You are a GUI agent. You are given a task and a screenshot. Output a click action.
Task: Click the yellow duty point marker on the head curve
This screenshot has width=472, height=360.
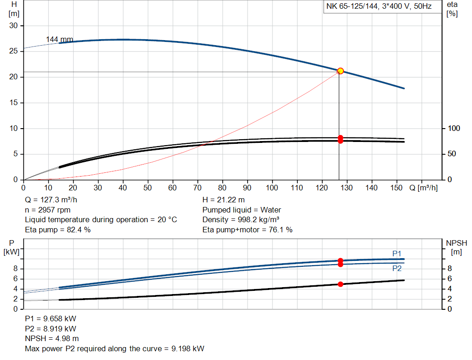tap(341, 71)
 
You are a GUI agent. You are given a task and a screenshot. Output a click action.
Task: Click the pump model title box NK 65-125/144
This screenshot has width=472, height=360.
tap(379, 7)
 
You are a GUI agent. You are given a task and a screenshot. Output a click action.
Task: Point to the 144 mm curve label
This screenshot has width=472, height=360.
tap(59, 40)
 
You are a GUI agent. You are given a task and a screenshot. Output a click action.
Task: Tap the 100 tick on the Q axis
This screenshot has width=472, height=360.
tap(272, 188)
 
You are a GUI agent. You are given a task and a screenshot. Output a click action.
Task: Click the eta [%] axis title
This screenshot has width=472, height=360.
tap(452, 9)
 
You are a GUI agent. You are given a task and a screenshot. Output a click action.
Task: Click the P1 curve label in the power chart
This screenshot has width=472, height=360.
tap(397, 254)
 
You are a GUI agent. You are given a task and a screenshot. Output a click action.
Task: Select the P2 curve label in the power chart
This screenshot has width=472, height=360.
tap(397, 268)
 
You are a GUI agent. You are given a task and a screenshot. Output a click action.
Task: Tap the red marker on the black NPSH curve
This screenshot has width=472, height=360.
tap(341, 284)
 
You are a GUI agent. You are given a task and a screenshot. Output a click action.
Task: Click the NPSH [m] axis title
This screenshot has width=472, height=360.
tap(456, 247)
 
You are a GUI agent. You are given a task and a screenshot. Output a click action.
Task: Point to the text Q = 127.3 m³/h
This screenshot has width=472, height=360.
tap(51, 200)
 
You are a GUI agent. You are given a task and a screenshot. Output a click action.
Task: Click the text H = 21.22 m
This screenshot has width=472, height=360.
tap(224, 200)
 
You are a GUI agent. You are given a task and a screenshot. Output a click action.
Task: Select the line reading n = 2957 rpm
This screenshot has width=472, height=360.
tap(47, 210)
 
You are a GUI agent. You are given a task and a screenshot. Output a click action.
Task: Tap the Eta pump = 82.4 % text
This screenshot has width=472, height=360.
tap(58, 229)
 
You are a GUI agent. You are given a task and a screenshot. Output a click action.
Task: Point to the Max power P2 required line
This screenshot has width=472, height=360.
tap(114, 348)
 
